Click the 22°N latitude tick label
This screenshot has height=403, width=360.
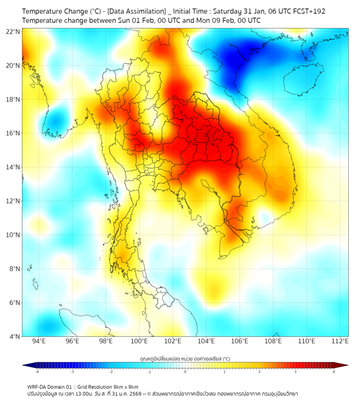[13, 31]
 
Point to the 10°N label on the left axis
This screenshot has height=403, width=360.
[13, 235]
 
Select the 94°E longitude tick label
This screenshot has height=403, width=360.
[39, 341]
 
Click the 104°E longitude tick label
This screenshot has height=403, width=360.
[206, 341]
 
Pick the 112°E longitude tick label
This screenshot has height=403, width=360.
[340, 341]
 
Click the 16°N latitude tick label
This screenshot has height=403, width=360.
[13, 133]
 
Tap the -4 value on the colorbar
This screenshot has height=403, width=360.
[37, 372]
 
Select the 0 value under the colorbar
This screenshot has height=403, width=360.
[185, 372]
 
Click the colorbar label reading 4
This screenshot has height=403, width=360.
[333, 372]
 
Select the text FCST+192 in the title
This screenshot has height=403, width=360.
[309, 11]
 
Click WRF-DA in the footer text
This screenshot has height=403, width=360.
[37, 387]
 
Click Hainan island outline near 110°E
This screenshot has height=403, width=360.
[300, 80]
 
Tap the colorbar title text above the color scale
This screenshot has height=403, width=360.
[185, 358]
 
